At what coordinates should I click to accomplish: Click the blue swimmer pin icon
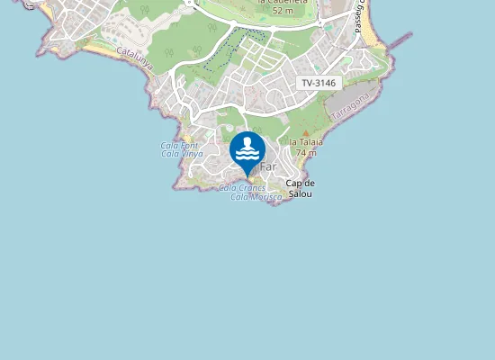click(x=247, y=148)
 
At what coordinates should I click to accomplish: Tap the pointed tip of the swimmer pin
click(x=247, y=176)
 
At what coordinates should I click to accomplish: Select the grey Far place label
click(x=268, y=167)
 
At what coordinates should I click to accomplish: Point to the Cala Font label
click(x=180, y=145)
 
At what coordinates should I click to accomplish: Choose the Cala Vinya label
click(x=181, y=154)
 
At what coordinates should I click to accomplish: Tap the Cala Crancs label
click(x=242, y=187)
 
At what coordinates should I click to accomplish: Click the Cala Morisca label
click(x=256, y=196)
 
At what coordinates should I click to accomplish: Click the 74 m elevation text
click(x=306, y=153)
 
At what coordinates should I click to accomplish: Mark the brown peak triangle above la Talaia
click(x=305, y=132)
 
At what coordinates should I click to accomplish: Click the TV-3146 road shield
click(x=319, y=83)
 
